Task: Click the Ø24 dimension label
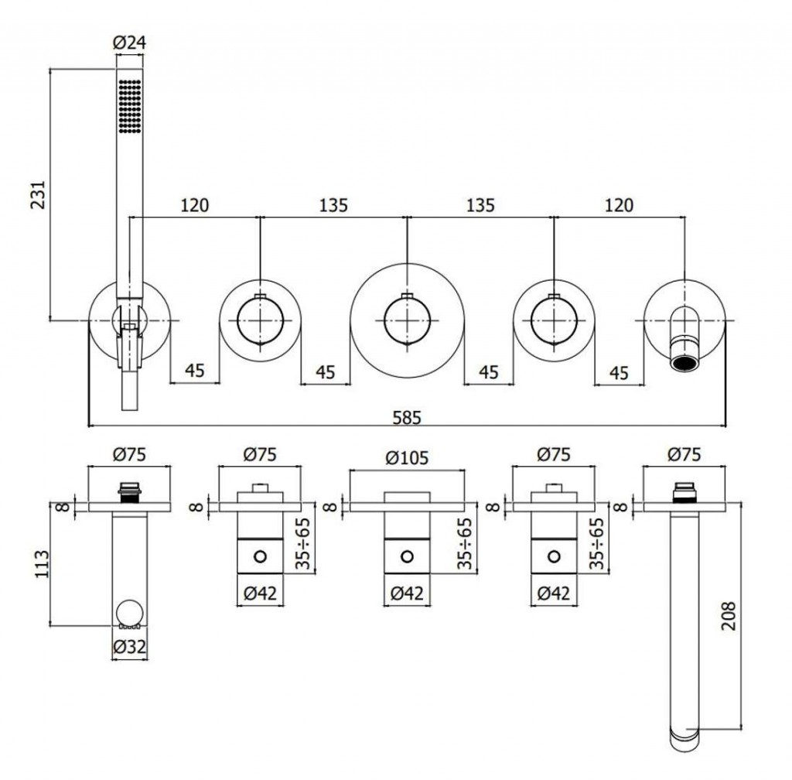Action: click(x=130, y=44)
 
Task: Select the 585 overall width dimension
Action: click(x=408, y=417)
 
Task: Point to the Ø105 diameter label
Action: click(x=407, y=457)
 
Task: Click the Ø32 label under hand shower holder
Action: click(x=129, y=647)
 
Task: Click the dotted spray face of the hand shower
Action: click(x=130, y=106)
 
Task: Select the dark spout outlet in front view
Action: click(x=684, y=363)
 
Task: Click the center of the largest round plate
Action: click(x=408, y=319)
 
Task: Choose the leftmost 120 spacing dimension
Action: click(x=194, y=205)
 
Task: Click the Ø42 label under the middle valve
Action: click(x=407, y=594)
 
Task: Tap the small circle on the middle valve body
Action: click(x=408, y=556)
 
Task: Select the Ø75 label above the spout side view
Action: click(x=683, y=454)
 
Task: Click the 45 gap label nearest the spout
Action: click(x=618, y=372)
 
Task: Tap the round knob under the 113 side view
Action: click(x=129, y=615)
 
